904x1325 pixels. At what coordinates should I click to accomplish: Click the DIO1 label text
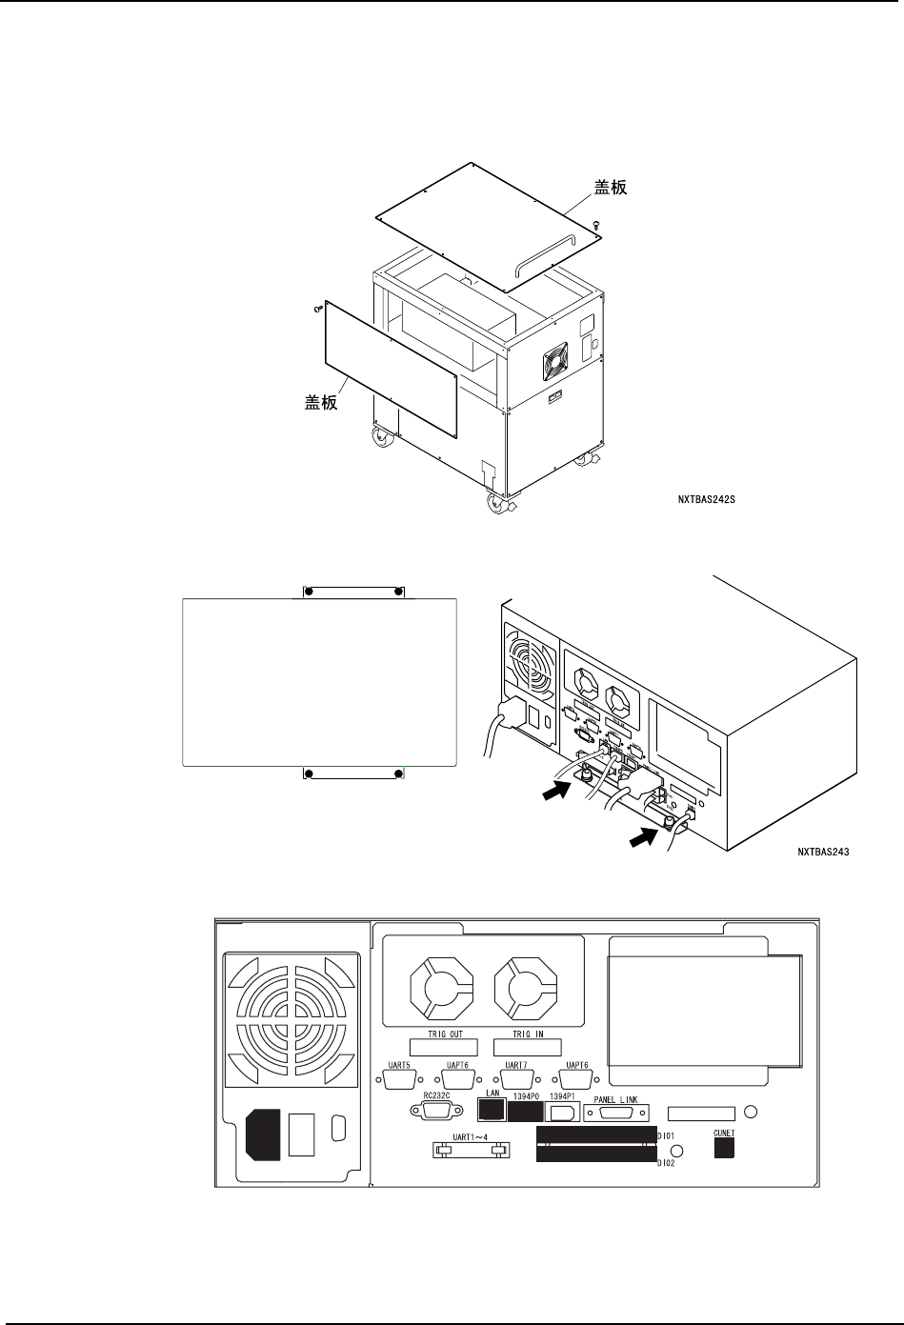click(666, 1135)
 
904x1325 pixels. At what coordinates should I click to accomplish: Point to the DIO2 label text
click(666, 1164)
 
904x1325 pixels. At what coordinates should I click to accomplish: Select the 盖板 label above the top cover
click(611, 189)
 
